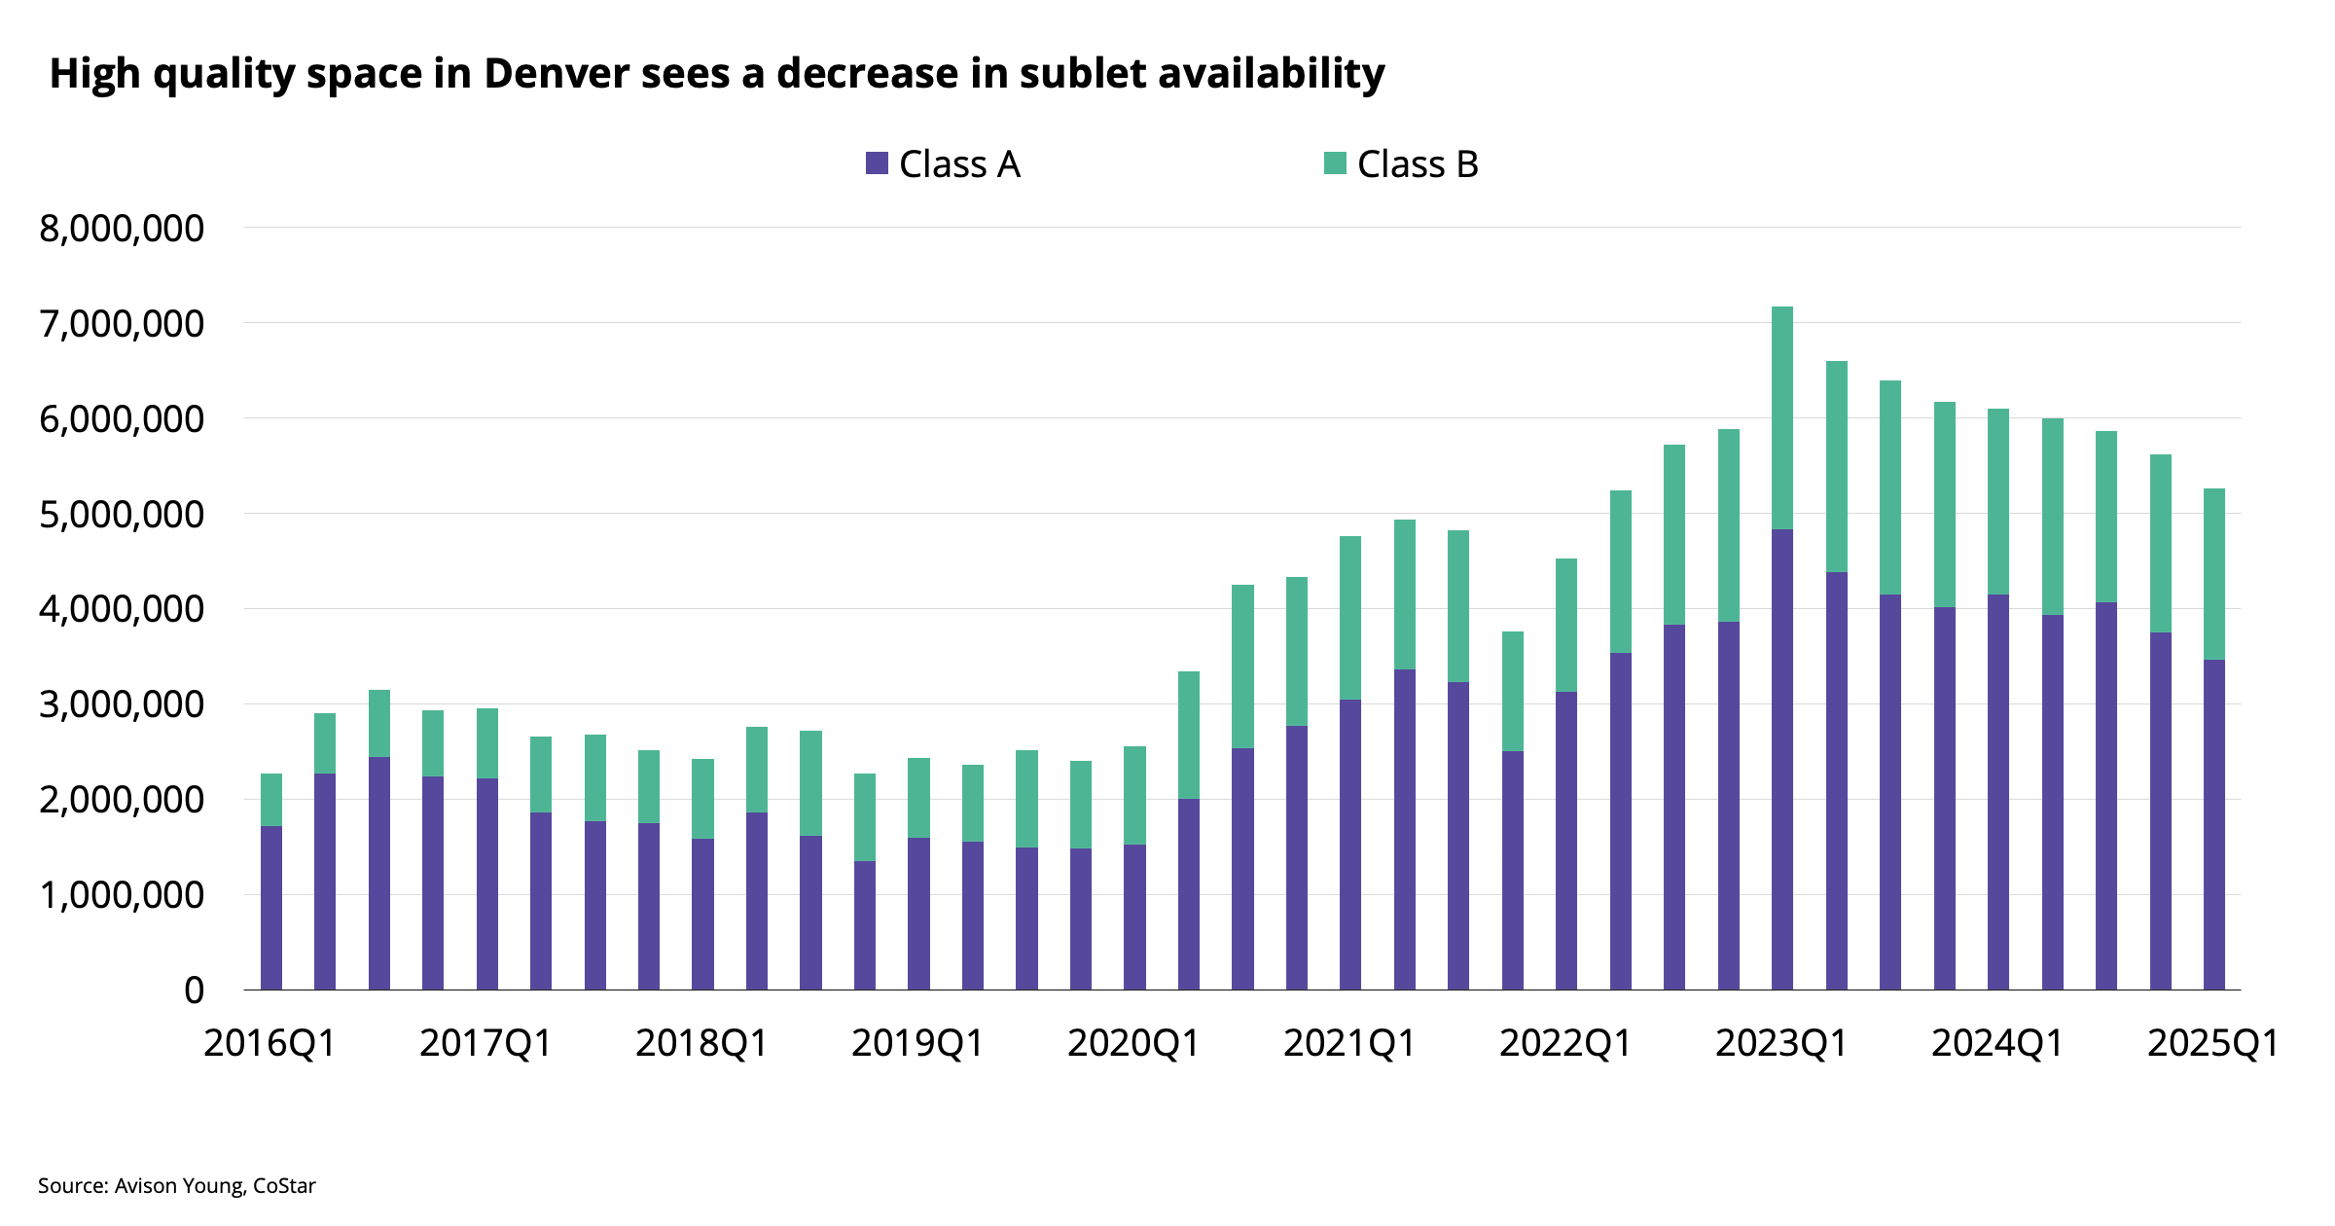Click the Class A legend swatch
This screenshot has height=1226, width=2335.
point(877,163)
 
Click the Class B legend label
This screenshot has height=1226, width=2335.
point(1418,164)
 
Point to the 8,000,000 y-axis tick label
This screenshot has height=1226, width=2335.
point(122,229)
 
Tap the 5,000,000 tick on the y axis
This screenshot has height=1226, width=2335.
point(122,515)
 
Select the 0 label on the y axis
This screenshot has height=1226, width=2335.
point(195,991)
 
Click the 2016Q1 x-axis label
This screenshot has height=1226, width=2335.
point(269,1044)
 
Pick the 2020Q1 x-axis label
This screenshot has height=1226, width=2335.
point(1133,1044)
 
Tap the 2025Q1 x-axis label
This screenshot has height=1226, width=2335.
point(2213,1044)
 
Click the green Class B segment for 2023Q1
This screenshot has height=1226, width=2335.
point(1782,418)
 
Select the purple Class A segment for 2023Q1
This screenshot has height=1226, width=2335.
point(1782,759)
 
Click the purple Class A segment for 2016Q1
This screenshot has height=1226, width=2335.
point(271,908)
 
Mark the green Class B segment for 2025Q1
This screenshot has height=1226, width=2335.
point(2214,574)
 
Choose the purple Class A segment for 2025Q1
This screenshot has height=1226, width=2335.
point(2214,825)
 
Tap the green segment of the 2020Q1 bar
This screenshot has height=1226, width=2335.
point(1134,796)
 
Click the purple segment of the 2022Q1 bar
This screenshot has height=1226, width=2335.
point(1566,842)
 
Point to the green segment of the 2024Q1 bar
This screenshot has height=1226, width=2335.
point(1998,502)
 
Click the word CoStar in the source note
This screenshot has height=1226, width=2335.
point(284,1186)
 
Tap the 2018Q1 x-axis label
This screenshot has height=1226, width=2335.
point(701,1044)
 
